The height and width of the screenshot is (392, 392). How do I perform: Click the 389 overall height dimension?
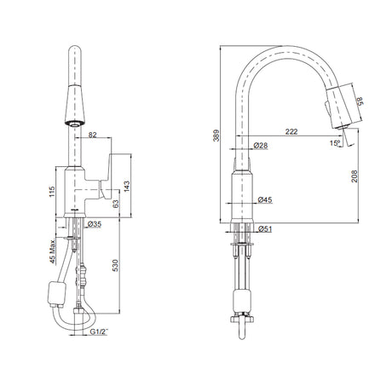pyautogui.click(x=216, y=135)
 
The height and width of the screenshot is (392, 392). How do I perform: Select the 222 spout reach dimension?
pyautogui.click(x=291, y=131)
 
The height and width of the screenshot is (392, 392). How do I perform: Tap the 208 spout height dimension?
pyautogui.click(x=354, y=176)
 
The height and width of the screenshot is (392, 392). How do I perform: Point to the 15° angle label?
pyautogui.click(x=335, y=143)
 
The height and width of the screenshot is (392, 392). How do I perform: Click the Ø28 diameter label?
pyautogui.click(x=261, y=146)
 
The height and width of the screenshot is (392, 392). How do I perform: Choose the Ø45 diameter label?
pyautogui.click(x=265, y=199)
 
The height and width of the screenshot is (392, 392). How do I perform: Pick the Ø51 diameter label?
pyautogui.click(x=265, y=228)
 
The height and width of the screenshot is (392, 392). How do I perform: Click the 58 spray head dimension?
pyautogui.click(x=360, y=101)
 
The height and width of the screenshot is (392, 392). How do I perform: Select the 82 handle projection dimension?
pyautogui.click(x=93, y=135)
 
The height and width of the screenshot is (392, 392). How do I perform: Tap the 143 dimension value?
pyautogui.click(x=127, y=187)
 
